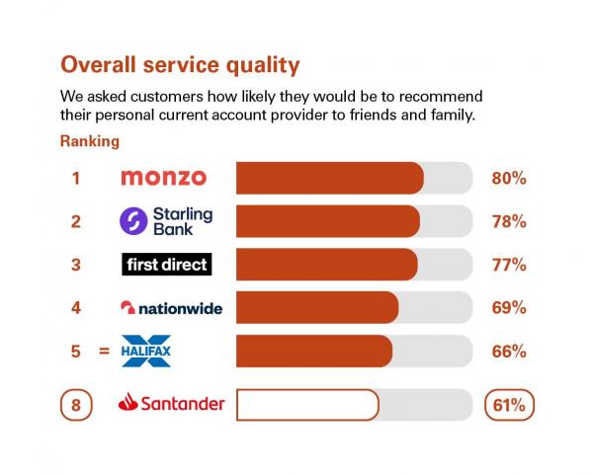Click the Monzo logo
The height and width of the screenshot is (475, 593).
(x=163, y=178)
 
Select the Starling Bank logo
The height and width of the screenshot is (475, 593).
(x=165, y=221)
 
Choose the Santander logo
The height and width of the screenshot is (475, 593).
(x=171, y=404)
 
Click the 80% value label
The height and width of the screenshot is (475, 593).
(x=509, y=179)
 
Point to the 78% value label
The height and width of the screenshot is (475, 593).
(x=509, y=222)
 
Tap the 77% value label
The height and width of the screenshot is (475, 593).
(x=509, y=265)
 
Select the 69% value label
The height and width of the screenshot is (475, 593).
(x=509, y=308)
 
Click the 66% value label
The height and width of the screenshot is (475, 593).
(x=509, y=351)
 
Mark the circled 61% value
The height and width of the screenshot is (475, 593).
(x=509, y=404)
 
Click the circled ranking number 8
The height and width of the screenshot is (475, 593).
(x=76, y=404)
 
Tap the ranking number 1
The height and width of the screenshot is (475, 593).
(x=75, y=179)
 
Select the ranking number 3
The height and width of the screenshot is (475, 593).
(x=75, y=265)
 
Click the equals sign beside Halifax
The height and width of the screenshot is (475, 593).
(x=104, y=351)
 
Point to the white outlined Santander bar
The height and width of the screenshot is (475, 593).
(x=306, y=404)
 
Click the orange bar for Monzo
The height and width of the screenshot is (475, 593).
(x=329, y=179)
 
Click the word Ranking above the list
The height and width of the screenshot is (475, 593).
(x=90, y=141)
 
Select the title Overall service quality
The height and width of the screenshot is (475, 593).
(x=180, y=65)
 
